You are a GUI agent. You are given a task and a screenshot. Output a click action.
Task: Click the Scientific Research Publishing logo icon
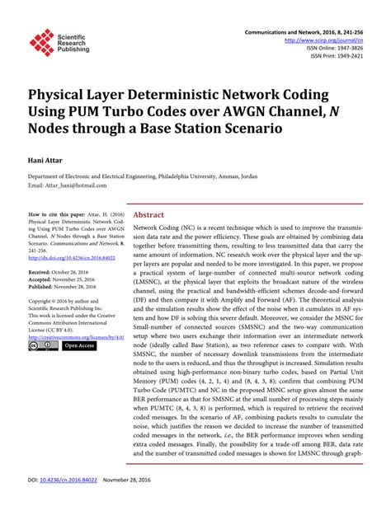pyautogui.click(x=42, y=42)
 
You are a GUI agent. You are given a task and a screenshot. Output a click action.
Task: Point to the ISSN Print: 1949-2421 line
pyautogui.click(x=337, y=57)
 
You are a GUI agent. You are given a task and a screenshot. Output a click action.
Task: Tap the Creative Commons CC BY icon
pyautogui.click(x=42, y=346)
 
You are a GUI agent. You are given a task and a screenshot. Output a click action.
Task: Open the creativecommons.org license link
pyautogui.click(x=75, y=336)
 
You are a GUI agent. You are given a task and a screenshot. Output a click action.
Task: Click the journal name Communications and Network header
pyautogui.click(x=290, y=30)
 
